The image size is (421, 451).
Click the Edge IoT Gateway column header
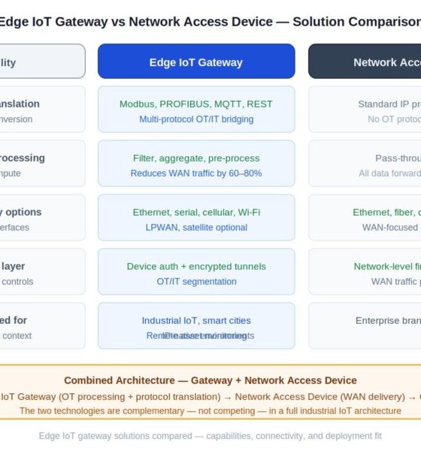[x=196, y=62]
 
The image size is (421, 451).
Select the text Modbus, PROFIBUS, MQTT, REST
[x=196, y=104]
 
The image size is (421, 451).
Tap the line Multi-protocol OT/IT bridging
[x=196, y=120]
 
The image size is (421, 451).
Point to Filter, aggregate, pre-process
[x=196, y=158]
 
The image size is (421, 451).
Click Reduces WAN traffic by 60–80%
[x=196, y=174]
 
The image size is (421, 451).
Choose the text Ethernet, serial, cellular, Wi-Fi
[x=196, y=212]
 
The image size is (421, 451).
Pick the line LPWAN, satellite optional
[x=196, y=228]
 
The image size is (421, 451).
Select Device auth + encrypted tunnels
[x=196, y=266]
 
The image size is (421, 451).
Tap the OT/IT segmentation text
[x=196, y=282]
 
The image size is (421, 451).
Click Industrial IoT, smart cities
[x=196, y=320]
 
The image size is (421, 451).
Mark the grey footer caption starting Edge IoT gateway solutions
[x=210, y=436]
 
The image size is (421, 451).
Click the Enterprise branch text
[x=387, y=320]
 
